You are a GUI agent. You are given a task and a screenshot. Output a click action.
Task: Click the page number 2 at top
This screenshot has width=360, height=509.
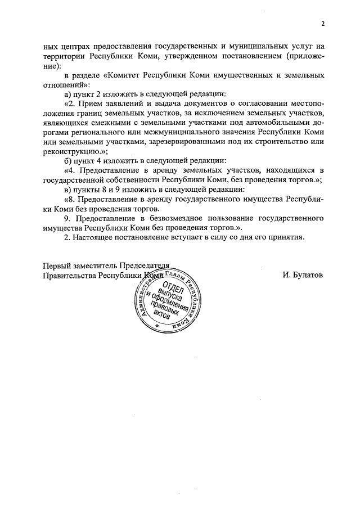tap(323, 24)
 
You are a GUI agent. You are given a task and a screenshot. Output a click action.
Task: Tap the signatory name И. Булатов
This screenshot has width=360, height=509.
tap(303, 276)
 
